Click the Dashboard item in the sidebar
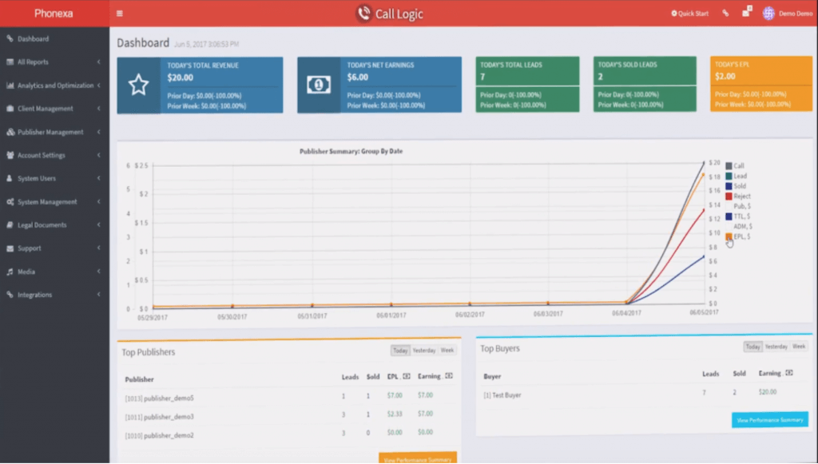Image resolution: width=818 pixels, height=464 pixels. pos(33,39)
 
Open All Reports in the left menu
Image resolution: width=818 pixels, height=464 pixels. pos(33,62)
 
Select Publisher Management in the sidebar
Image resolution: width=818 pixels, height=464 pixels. pos(50,133)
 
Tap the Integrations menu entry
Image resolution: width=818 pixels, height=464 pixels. pos(34,295)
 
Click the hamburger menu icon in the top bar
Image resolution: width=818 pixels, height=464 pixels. pos(120,14)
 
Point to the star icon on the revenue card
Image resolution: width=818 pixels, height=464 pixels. pos(139,85)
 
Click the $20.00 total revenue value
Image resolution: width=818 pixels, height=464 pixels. pos(181,78)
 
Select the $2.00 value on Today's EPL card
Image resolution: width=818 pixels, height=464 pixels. pos(725,77)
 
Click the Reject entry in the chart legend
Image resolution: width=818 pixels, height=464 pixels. pos(741,196)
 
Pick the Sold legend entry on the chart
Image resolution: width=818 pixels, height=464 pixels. pos(739,186)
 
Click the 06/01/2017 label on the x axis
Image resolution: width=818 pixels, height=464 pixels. pos(391,315)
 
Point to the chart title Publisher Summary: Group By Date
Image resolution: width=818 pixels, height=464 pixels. pos(351,151)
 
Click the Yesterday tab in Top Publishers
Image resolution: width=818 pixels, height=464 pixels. pos(424,351)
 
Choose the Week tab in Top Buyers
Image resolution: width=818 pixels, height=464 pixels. pos(799,347)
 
